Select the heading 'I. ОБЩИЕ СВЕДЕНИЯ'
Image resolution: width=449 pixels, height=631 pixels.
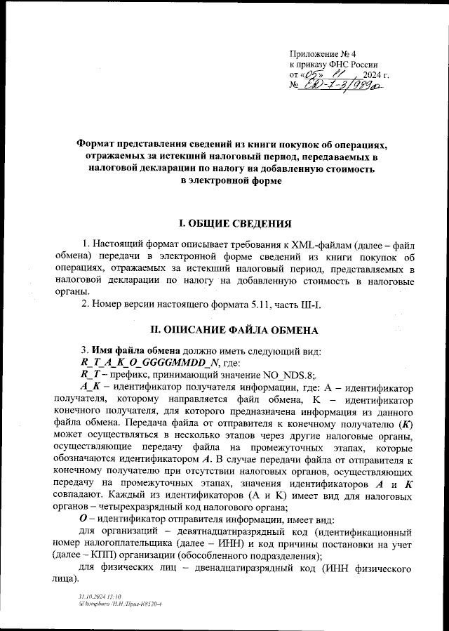234,225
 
